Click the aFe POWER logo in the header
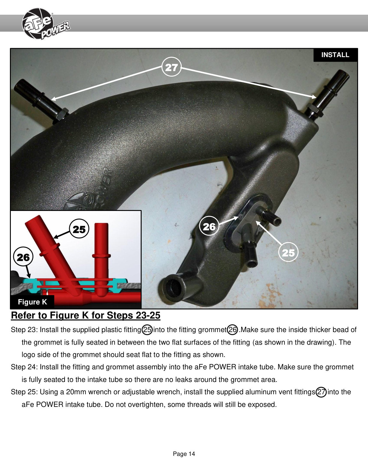[46, 24]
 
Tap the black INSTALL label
[335, 55]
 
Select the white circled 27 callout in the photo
[171, 67]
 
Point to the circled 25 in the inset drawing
[79, 229]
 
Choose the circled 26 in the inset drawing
[23, 257]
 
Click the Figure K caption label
[32, 302]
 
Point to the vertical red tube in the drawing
[102, 258]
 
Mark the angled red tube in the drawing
[53, 252]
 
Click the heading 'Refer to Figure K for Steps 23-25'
[86, 315]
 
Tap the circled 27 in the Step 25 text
[321, 392]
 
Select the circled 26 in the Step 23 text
[232, 330]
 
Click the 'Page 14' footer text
[184, 454]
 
